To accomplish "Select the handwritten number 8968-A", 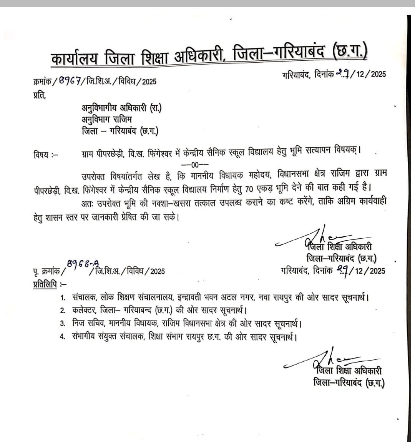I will [83, 264].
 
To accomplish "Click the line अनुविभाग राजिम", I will [107, 120].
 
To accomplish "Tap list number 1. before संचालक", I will [63, 297].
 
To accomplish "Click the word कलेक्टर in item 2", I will [84, 310].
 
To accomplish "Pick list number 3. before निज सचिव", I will [63, 324].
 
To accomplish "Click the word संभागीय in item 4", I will [85, 337].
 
